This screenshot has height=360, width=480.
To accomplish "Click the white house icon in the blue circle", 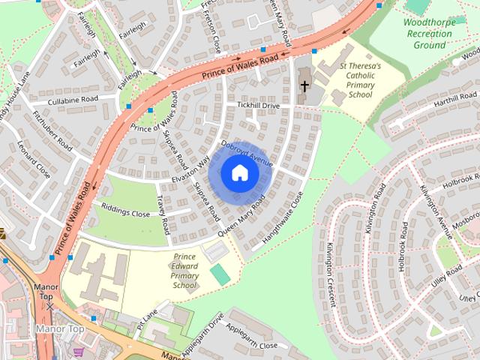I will (x=239, y=172).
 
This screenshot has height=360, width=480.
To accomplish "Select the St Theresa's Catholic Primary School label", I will (x=359, y=80).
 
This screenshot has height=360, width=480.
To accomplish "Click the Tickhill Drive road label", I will (x=258, y=106).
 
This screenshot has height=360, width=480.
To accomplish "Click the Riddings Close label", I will (x=126, y=213).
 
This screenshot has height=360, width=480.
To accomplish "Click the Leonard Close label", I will (x=34, y=159).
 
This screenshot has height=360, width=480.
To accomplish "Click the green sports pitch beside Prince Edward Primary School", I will (x=219, y=274).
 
